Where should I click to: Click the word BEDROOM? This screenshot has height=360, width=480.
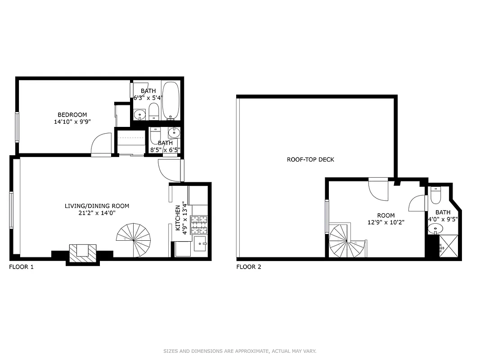click(x=72, y=115)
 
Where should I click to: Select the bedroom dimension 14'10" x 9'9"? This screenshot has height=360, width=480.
click(x=72, y=121)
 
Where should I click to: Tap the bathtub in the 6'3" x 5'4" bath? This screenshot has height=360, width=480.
click(x=170, y=100)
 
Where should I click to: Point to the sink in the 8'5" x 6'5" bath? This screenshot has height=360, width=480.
click(x=174, y=132)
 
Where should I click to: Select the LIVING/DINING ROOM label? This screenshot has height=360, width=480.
click(x=97, y=206)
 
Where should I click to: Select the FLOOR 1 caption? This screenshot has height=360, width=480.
click(x=21, y=267)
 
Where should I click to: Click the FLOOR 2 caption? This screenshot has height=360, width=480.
click(x=249, y=267)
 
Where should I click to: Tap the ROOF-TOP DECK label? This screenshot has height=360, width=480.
click(x=310, y=160)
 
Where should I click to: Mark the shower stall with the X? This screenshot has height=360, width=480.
click(x=449, y=246)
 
